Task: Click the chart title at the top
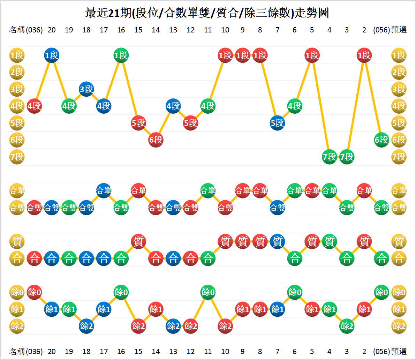pos(207,13)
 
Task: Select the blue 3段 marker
pos(86,89)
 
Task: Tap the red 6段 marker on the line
pos(156,140)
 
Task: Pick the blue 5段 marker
pos(277,123)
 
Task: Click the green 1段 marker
pos(121,55)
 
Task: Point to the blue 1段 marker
pos(52,55)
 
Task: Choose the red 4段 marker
pos(34,106)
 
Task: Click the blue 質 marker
pos(277,241)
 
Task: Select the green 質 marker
pos(329,241)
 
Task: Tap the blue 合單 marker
pos(104,190)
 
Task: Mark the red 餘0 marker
pos(34,292)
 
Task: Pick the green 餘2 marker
pos(347,326)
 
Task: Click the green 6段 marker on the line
pos(381,140)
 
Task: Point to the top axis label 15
pos(138,30)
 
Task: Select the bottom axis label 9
pos(242,351)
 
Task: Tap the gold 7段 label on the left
pos(17,157)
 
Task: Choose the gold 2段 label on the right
pos(399,72)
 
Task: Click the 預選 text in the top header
pos(399,30)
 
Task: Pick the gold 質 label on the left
pos(17,241)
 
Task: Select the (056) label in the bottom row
pos(381,351)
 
